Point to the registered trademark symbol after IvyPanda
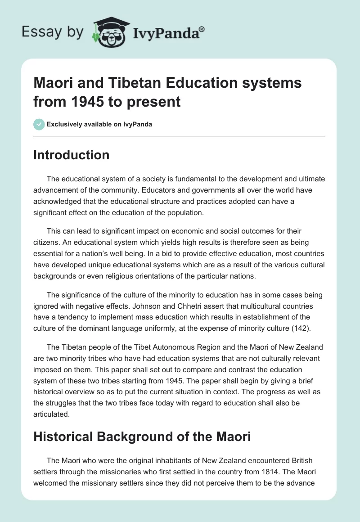[x=202, y=30]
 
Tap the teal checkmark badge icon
[x=39, y=124]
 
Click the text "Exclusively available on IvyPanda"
[x=99, y=125]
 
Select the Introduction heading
[x=71, y=155]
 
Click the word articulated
[x=51, y=414]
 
